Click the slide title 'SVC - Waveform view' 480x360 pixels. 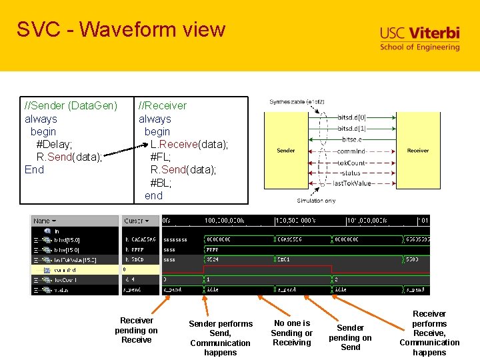[121, 29]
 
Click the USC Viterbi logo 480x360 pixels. [419, 39]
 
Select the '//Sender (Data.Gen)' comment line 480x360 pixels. [71, 105]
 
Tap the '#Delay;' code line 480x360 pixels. [54, 144]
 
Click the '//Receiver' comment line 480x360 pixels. [162, 105]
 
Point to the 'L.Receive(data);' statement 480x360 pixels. [189, 144]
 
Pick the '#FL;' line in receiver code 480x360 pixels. [161, 157]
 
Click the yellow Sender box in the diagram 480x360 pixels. [286, 151]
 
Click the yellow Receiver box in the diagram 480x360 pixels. [418, 151]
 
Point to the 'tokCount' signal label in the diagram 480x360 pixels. [352, 162]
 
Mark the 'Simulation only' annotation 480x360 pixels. [316, 201]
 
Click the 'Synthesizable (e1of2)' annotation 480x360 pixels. [297, 102]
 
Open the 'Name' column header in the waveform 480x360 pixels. [45, 221]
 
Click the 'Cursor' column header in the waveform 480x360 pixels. [136, 221]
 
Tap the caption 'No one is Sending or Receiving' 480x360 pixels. [291, 333]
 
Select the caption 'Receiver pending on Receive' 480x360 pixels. [136, 330]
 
